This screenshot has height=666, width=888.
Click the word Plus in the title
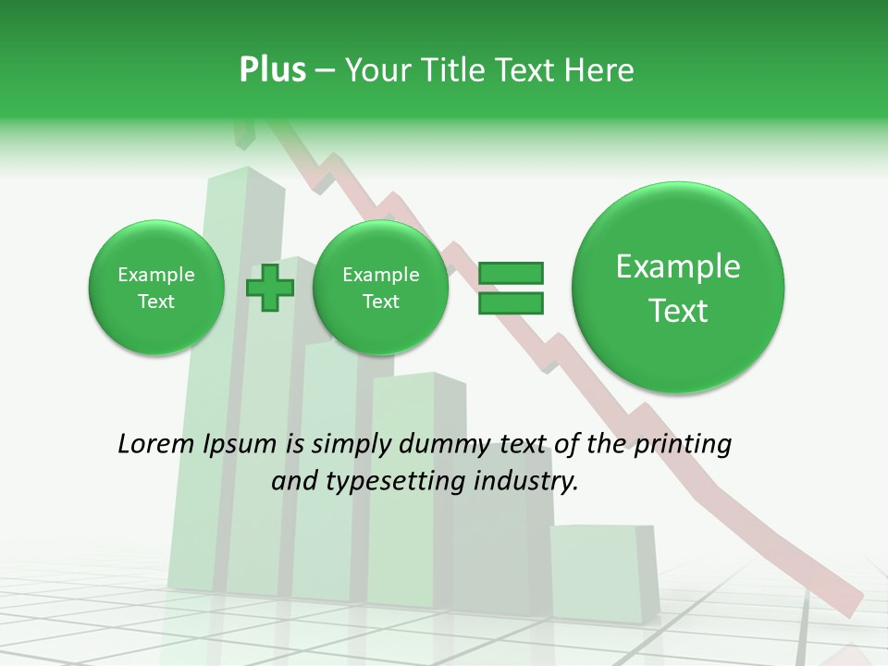[x=272, y=70]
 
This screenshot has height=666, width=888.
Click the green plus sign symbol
[x=269, y=288]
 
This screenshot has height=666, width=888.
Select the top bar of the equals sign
[x=510, y=273]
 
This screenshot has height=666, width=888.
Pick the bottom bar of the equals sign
[x=510, y=302]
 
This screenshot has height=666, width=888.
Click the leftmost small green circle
[x=156, y=288]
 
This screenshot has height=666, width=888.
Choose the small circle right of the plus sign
[x=380, y=288]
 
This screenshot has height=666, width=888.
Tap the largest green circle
[x=678, y=288]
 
